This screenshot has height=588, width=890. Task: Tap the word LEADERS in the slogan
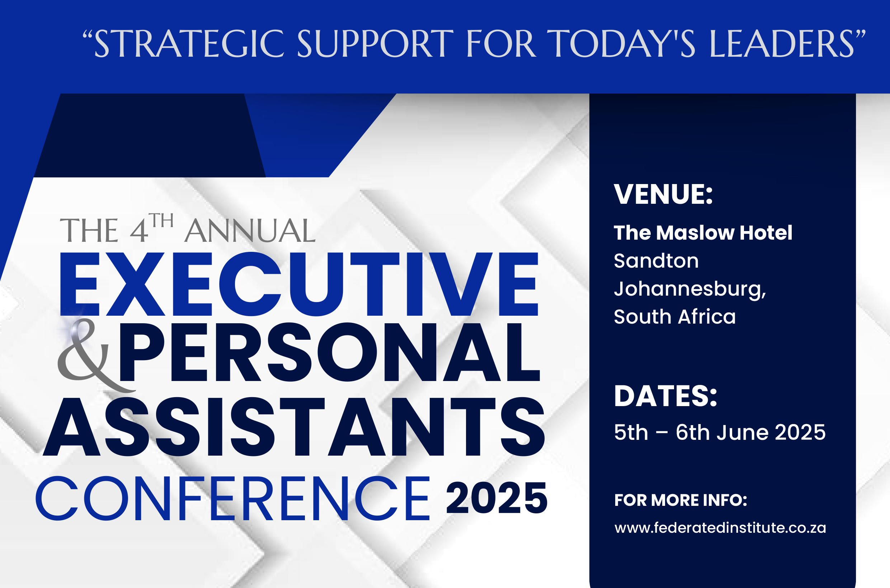click(782, 44)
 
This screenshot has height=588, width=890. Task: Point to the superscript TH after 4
click(161, 221)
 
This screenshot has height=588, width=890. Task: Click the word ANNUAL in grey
click(250, 231)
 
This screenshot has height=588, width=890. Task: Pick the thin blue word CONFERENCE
click(232, 498)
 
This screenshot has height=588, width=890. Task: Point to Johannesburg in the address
click(690, 290)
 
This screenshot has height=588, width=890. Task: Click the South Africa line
click(675, 316)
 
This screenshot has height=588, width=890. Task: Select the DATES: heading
click(665, 396)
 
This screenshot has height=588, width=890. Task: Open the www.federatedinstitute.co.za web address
click(720, 528)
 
